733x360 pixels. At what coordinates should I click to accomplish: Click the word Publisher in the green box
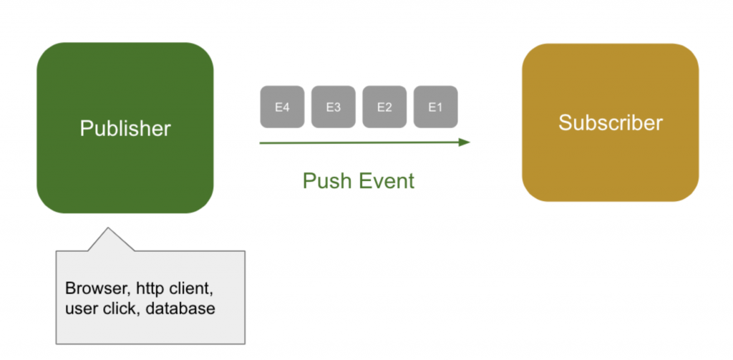click(x=125, y=129)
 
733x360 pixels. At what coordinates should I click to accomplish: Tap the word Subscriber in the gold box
click(x=611, y=122)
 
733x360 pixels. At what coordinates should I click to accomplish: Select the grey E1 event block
click(x=435, y=107)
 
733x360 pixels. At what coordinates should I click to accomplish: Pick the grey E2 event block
click(x=384, y=107)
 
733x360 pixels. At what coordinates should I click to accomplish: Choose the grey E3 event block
click(x=334, y=107)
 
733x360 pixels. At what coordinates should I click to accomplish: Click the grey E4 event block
click(x=282, y=107)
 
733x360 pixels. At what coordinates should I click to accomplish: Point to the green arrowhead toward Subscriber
click(x=464, y=142)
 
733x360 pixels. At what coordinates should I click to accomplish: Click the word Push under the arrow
click(x=326, y=181)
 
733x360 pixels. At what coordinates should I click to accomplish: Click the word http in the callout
click(x=150, y=289)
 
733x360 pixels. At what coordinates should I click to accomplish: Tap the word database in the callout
click(x=180, y=308)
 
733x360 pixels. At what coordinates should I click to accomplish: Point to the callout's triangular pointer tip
click(x=108, y=228)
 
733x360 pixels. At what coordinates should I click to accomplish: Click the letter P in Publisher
click(x=86, y=129)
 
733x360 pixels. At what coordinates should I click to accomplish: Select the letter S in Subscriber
click(x=565, y=122)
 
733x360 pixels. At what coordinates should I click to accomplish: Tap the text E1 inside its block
click(x=435, y=107)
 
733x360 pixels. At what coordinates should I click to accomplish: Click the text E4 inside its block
click(x=282, y=107)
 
